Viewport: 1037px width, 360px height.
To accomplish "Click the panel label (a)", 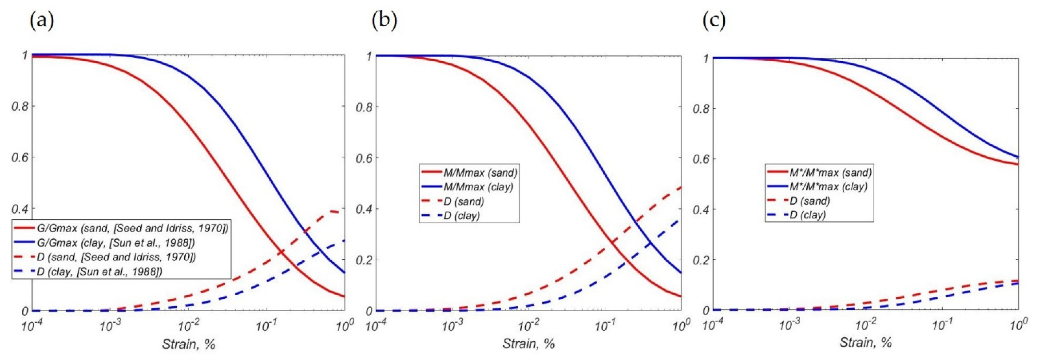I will tap(42, 21).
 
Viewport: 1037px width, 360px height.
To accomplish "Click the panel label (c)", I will tap(714, 21).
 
